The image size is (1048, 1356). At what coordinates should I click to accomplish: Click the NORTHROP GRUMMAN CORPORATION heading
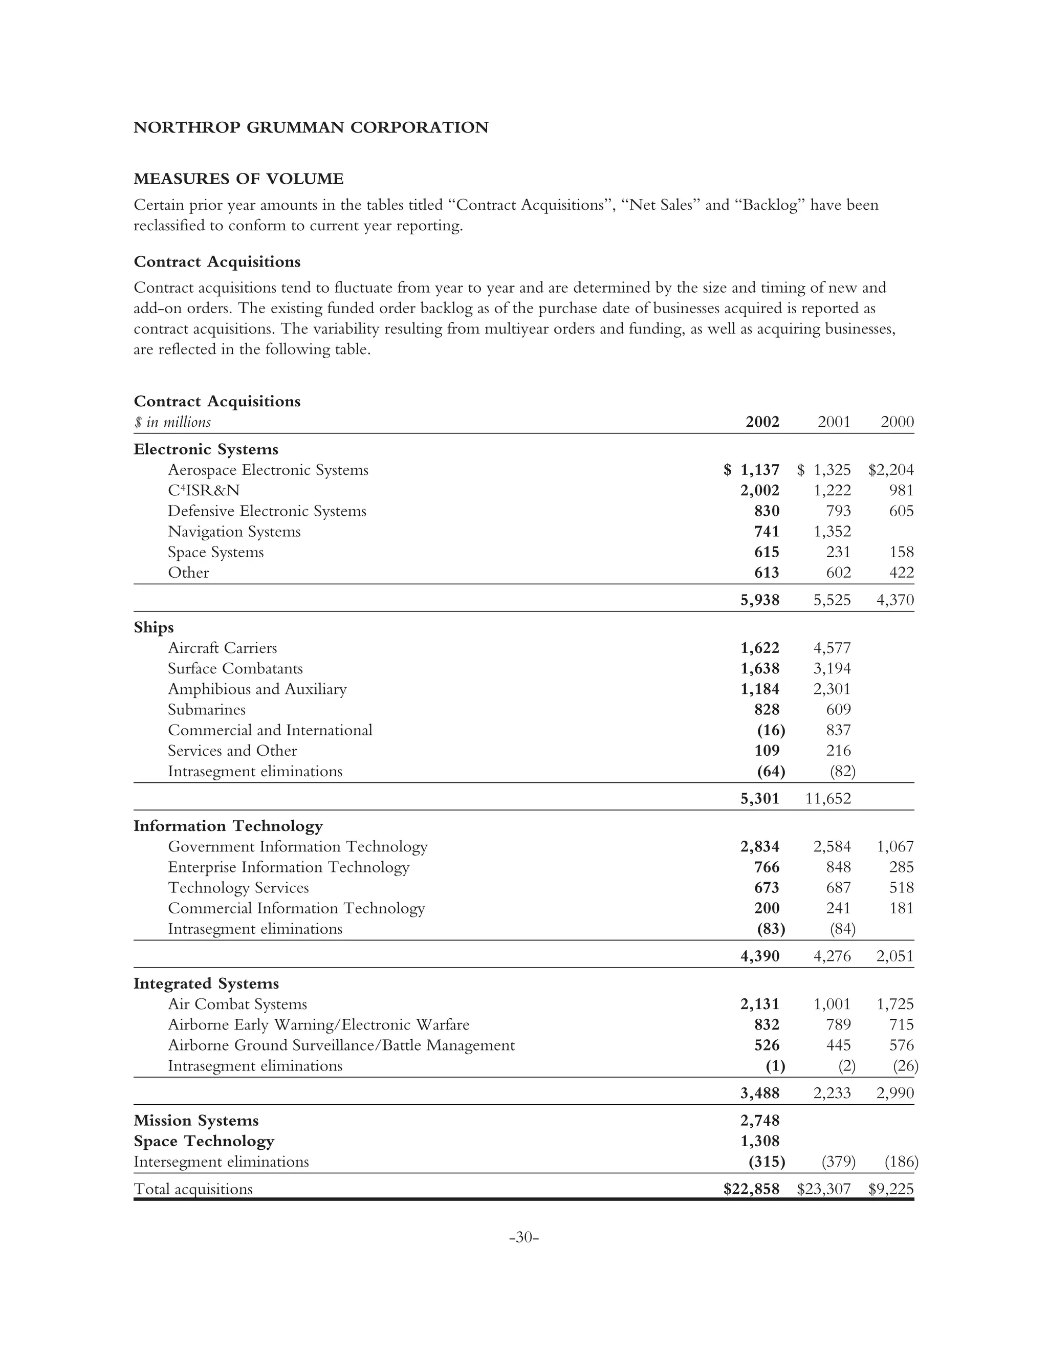[x=311, y=127]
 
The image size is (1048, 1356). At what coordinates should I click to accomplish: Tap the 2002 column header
[x=762, y=422]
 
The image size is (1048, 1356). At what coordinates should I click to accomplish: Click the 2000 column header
[x=897, y=422]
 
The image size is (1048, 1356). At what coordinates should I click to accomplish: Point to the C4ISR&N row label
[x=204, y=491]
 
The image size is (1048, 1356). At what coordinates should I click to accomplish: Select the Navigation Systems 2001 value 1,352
[x=832, y=532]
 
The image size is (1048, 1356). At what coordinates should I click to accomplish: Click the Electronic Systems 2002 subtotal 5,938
[x=760, y=600]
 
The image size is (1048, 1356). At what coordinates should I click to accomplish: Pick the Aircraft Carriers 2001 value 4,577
[x=832, y=648]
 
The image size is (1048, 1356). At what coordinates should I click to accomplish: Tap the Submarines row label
[x=207, y=710]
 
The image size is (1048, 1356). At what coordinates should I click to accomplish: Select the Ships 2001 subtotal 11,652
[x=828, y=798]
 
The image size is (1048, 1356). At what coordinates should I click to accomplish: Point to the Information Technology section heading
[x=228, y=826]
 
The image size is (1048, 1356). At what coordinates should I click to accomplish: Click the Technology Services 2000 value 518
[x=902, y=888]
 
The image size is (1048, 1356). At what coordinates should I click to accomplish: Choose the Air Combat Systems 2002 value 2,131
[x=760, y=1004]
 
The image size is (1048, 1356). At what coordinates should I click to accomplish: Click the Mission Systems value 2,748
[x=760, y=1121]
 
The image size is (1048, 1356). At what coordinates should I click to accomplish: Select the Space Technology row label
[x=204, y=1141]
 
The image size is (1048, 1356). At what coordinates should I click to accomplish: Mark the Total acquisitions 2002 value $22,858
[x=751, y=1189]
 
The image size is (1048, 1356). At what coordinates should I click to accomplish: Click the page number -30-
[x=523, y=1237]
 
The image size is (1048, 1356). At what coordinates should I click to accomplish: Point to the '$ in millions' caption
[x=172, y=422]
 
